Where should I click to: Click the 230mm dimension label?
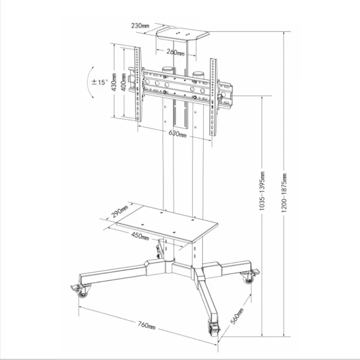(x=140, y=26)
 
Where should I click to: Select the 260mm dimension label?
(x=175, y=52)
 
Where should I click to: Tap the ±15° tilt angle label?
(x=100, y=82)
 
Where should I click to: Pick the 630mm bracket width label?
(x=177, y=134)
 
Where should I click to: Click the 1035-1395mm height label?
(x=262, y=191)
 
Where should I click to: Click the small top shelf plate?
(x=183, y=35)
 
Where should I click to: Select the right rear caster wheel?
(x=248, y=278)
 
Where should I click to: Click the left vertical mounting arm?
(x=138, y=84)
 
